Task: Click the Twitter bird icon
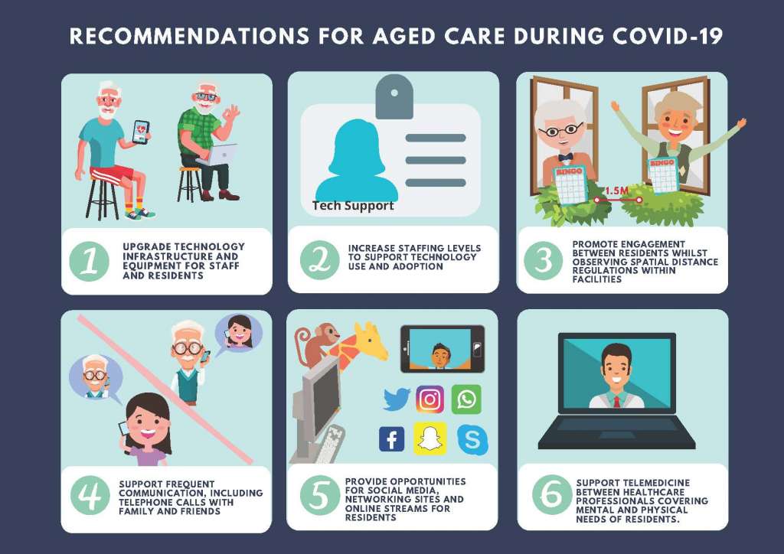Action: (x=397, y=399)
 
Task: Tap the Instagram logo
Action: (x=430, y=399)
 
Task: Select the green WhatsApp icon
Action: (x=466, y=399)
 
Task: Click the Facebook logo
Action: (x=391, y=439)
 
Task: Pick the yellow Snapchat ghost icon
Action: (x=430, y=438)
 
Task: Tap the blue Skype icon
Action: (x=472, y=439)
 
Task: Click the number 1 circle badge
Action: (x=90, y=261)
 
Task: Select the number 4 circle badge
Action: (x=90, y=495)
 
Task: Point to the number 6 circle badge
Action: (x=552, y=494)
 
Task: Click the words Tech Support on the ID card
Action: (x=353, y=205)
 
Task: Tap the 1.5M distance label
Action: (x=617, y=191)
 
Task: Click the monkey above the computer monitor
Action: (x=316, y=344)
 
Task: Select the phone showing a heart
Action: (x=141, y=132)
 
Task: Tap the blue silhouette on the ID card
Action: (x=357, y=160)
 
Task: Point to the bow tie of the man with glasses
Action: (x=566, y=157)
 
